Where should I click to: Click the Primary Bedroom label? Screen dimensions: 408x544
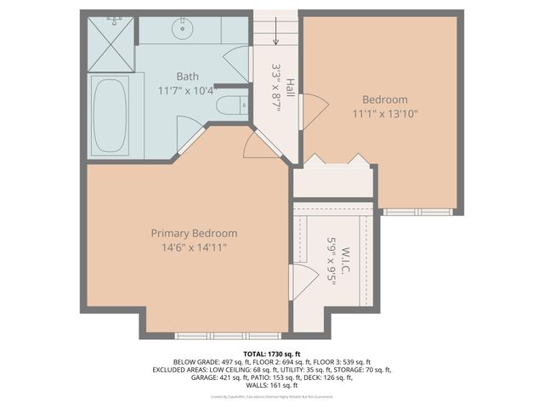[x=194, y=233]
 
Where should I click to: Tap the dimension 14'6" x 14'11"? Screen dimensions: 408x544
[x=194, y=247]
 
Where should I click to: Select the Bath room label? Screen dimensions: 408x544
[x=187, y=76]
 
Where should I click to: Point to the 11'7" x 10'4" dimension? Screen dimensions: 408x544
[x=187, y=89]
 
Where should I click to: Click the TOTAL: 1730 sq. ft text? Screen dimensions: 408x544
[x=272, y=353]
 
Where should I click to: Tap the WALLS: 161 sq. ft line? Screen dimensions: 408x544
[x=272, y=386]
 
